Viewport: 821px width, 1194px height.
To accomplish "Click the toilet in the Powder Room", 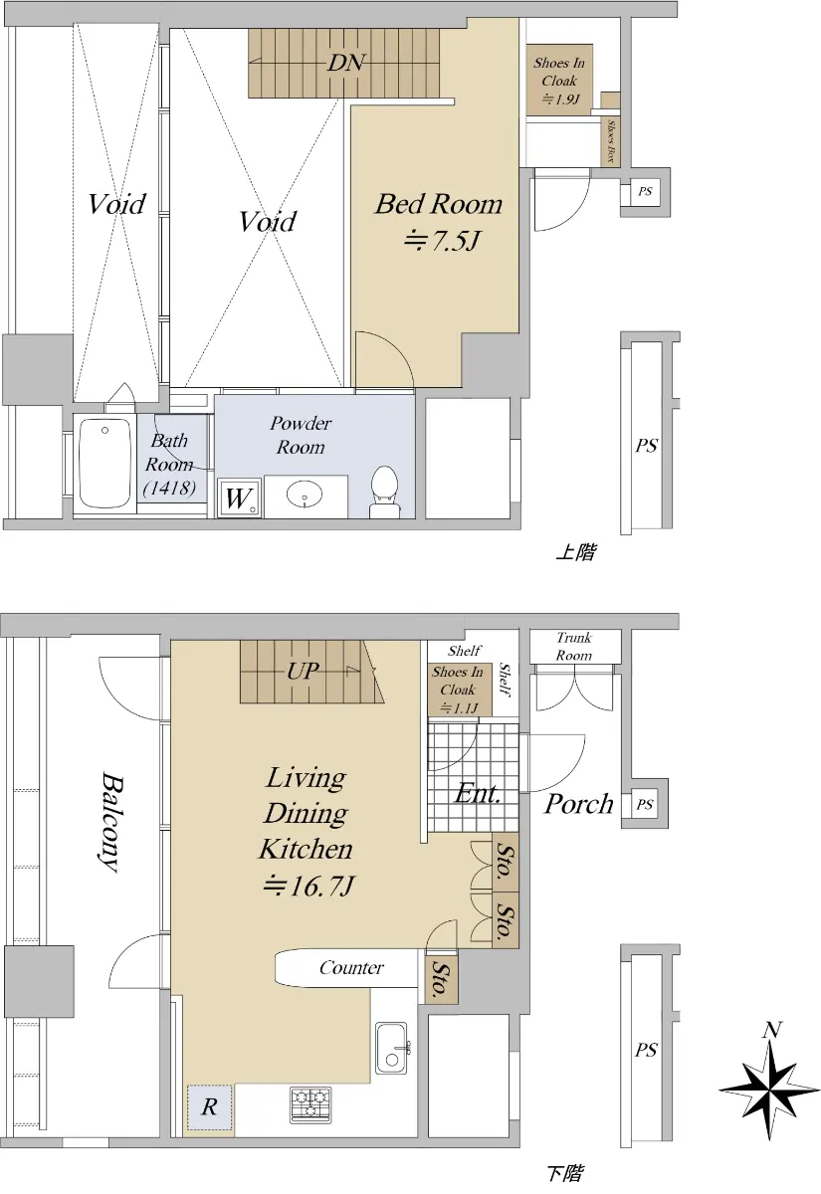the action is click(384, 491).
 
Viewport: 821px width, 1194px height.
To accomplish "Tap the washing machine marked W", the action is click(240, 497).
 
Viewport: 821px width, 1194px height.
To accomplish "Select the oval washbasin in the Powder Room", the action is click(305, 495).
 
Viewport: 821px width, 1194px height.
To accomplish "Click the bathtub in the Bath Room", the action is click(105, 463).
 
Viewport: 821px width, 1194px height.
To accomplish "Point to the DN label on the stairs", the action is click(345, 63).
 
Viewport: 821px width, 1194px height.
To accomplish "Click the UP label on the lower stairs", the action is click(303, 671).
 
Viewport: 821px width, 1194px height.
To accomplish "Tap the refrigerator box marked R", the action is click(210, 1106).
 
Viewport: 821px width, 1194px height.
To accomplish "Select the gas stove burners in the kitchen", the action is click(310, 1104).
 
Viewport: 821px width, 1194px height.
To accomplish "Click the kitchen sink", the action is click(392, 1048).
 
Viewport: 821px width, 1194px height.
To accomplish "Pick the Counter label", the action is click(351, 967).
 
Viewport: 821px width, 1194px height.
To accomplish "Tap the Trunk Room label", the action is click(574, 646).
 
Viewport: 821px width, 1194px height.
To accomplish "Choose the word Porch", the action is click(578, 803).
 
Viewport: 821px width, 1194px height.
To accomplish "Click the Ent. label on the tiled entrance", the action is click(478, 793).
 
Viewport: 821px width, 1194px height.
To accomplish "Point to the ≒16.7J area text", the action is click(308, 886).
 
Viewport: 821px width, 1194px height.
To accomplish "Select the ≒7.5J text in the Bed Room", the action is click(442, 241).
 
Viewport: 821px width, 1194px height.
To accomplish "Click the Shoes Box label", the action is click(611, 141).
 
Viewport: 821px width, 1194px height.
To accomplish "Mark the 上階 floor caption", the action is click(576, 552).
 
